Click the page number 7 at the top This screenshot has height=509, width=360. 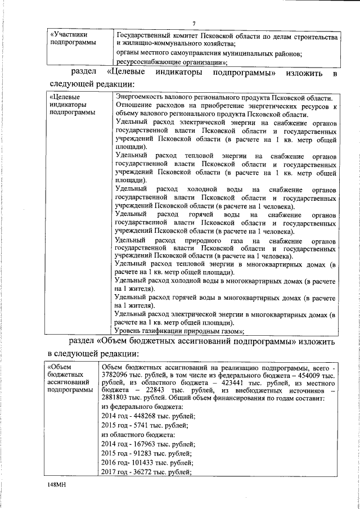193,23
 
